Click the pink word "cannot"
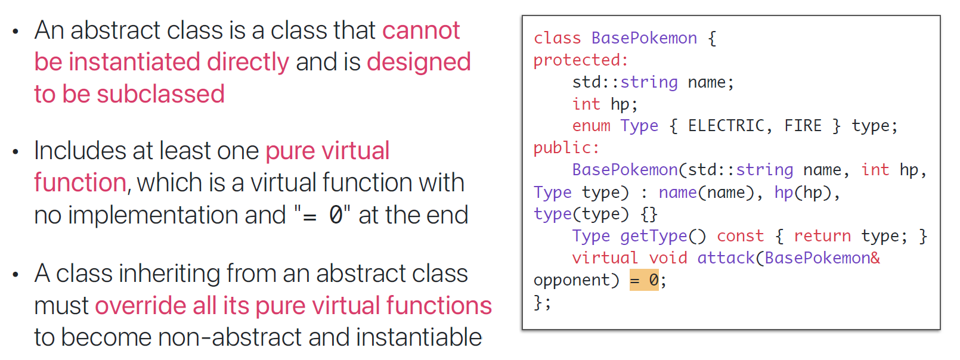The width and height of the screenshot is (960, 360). tap(421, 30)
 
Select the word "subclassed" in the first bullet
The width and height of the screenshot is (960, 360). tap(160, 94)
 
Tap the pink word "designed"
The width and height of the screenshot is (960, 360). tap(419, 62)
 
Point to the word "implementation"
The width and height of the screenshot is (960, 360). tap(177, 215)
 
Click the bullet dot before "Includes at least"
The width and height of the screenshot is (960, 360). tap(16, 152)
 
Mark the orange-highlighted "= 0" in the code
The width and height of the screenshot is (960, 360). tap(644, 280)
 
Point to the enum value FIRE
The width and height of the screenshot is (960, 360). tap(803, 126)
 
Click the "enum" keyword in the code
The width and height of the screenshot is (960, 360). tap(591, 126)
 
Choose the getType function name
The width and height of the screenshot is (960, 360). tap(654, 236)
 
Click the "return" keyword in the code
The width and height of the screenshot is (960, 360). tap(822, 236)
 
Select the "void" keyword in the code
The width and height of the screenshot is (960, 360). tap(668, 258)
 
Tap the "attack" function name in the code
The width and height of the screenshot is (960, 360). tap(726, 258)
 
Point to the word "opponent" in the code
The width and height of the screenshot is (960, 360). tap(572, 280)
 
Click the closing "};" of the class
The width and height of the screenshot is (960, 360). tap(542, 302)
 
